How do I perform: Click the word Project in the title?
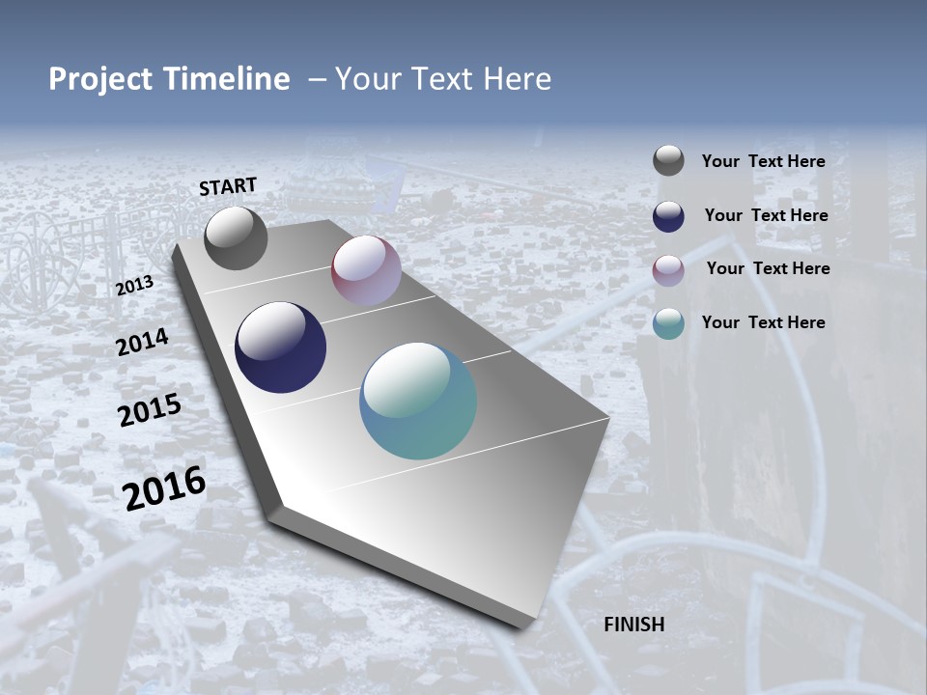(98, 79)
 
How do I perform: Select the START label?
(228, 186)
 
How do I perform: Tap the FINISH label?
(634, 625)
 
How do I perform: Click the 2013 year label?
(134, 286)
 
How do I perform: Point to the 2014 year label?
(143, 342)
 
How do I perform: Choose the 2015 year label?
(150, 410)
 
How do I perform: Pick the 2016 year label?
(164, 487)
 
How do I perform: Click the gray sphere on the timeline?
(236, 237)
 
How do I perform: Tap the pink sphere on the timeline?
(366, 270)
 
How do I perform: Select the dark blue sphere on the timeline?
(280, 347)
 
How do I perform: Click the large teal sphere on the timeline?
(418, 401)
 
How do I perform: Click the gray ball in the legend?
(668, 161)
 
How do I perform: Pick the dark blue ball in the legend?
(668, 216)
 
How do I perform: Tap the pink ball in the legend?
(668, 270)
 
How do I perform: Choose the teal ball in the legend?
(668, 323)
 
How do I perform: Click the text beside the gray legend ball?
(763, 162)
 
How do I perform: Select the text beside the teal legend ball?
(763, 322)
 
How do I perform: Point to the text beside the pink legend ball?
(768, 268)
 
